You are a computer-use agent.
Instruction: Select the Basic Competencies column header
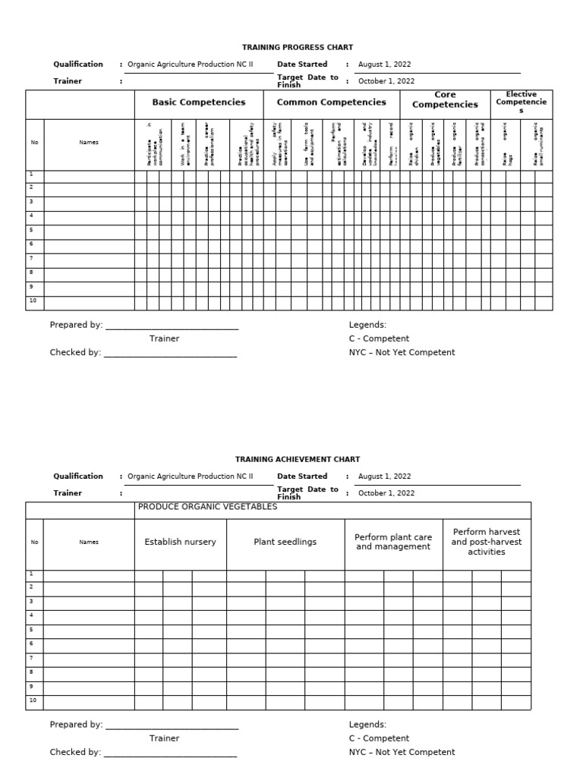pyautogui.click(x=199, y=102)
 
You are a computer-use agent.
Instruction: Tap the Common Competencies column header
pyautogui.click(x=331, y=102)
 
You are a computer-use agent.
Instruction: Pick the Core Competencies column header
pyautogui.click(x=445, y=100)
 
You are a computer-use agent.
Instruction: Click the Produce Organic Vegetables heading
pyautogui.click(x=207, y=508)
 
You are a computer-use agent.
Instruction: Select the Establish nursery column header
pyautogui.click(x=180, y=542)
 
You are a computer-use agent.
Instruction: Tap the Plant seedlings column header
pyautogui.click(x=285, y=542)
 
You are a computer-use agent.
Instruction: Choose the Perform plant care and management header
pyautogui.click(x=393, y=542)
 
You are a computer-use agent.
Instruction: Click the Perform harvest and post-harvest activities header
pyautogui.click(x=486, y=542)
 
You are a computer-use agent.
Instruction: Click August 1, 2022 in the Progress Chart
pyautogui.click(x=384, y=64)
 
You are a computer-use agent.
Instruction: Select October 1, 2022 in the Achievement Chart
pyautogui.click(x=386, y=493)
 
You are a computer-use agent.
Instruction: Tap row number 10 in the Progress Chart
pyautogui.click(x=33, y=301)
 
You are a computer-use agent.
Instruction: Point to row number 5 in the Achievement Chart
pyautogui.click(x=31, y=629)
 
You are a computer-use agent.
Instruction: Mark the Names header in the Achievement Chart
pyautogui.click(x=89, y=542)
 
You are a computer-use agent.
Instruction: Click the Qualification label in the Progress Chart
pyautogui.click(x=78, y=64)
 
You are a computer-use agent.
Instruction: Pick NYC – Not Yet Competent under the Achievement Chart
pyautogui.click(x=402, y=752)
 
